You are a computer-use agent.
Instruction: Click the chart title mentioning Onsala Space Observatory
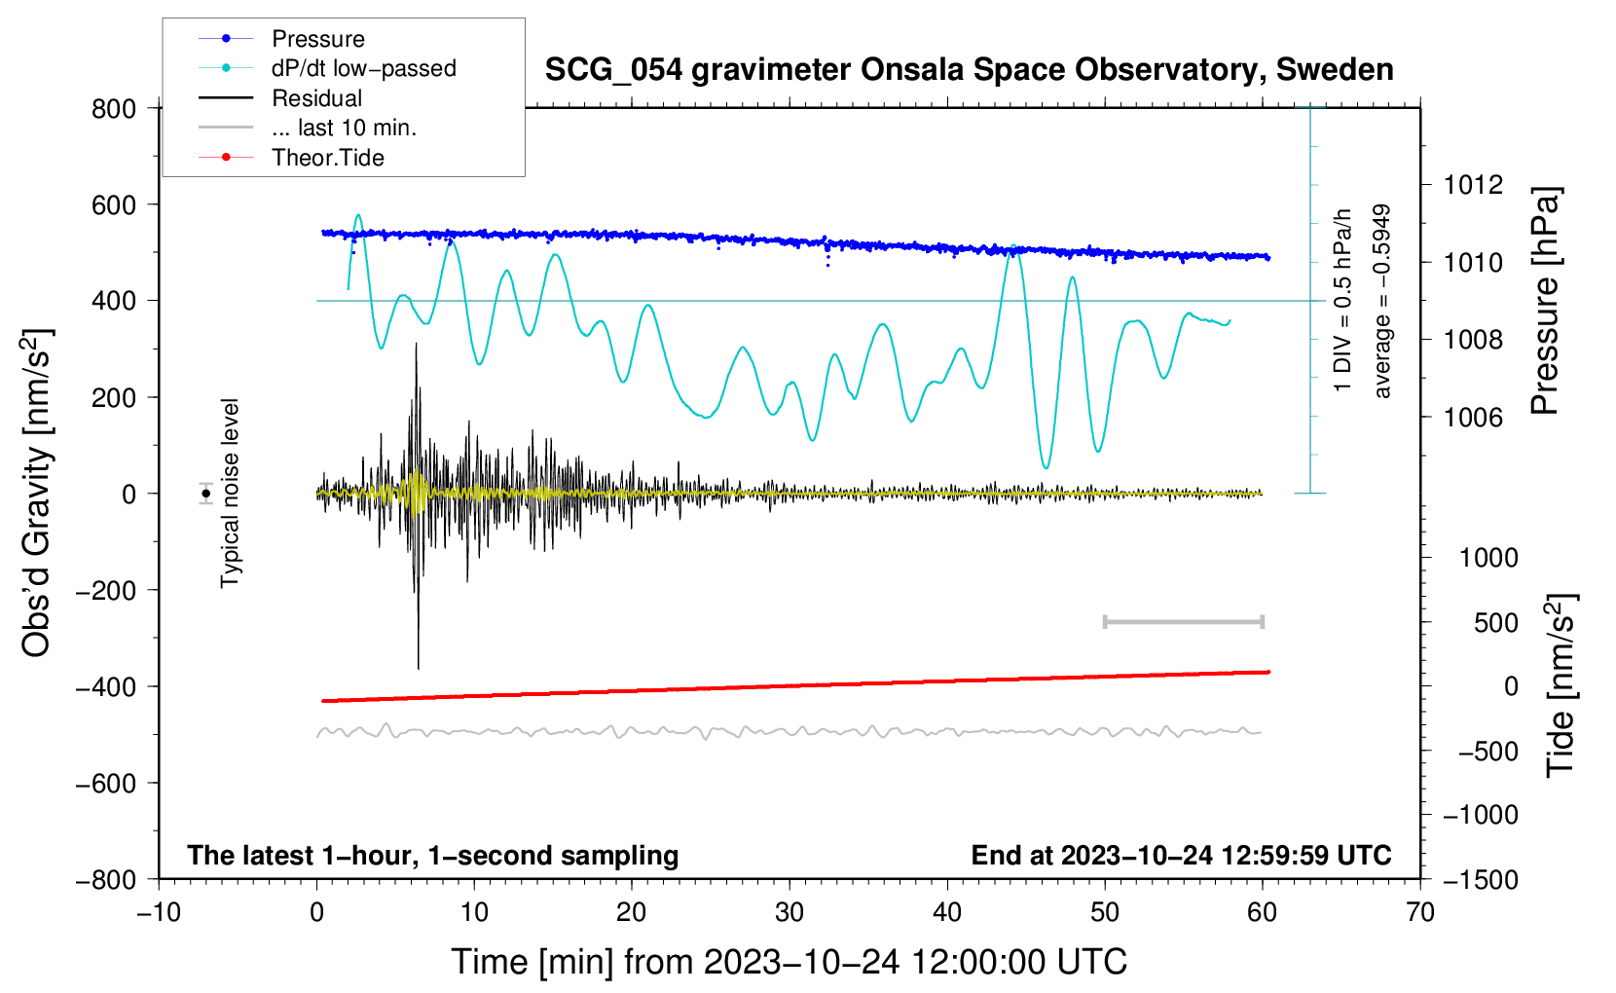click(x=969, y=70)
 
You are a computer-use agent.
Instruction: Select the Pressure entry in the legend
click(x=317, y=39)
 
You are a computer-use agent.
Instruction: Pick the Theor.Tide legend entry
click(x=327, y=158)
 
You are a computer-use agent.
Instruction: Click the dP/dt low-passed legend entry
click(x=363, y=68)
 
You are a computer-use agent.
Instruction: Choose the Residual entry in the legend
click(x=316, y=98)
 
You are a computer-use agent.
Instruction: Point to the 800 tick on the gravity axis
click(x=114, y=109)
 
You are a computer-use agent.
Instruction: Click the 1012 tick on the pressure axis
click(x=1473, y=185)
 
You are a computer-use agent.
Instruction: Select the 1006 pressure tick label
click(x=1473, y=418)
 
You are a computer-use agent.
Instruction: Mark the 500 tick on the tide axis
click(x=1495, y=623)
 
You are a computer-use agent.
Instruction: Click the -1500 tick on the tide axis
click(x=1481, y=879)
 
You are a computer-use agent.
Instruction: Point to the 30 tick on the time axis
click(x=790, y=913)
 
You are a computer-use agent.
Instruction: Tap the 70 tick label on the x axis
click(x=1420, y=913)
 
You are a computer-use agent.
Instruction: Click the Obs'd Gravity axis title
click(x=36, y=494)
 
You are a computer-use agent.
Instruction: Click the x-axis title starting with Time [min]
click(x=790, y=962)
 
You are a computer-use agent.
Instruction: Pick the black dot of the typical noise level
click(x=206, y=494)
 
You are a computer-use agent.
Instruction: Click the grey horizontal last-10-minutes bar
click(x=1184, y=622)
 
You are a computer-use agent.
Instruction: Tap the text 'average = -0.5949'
click(x=1382, y=302)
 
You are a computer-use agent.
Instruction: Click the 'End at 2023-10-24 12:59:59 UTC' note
click(x=1181, y=855)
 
